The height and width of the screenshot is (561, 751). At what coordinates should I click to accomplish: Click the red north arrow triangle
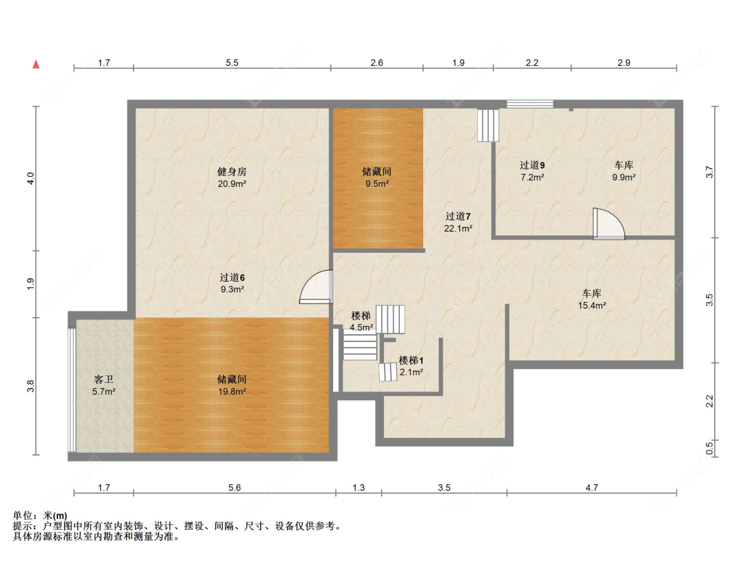point(36,64)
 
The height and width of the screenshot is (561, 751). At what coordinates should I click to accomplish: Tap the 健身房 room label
point(232,171)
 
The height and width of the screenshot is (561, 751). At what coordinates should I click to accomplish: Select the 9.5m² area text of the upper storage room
point(377,183)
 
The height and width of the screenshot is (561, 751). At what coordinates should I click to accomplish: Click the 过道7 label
point(458,216)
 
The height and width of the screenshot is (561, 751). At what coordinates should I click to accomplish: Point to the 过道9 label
point(532,165)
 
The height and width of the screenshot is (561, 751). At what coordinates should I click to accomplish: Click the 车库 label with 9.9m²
point(624,165)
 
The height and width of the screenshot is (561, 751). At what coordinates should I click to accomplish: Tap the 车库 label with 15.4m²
point(592,293)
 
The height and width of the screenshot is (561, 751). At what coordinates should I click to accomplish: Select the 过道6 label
point(232,277)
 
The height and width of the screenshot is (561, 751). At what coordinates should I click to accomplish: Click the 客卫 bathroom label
point(104,380)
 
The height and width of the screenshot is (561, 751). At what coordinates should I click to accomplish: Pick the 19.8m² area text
point(232,392)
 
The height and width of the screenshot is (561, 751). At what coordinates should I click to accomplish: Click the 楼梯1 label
point(411,360)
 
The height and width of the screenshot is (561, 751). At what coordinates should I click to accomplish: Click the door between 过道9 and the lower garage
point(609,224)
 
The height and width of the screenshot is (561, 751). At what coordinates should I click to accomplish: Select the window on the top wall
point(530,104)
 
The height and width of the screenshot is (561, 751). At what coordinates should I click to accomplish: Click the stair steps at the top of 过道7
point(488,125)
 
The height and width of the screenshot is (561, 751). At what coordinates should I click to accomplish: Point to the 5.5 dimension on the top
point(232,63)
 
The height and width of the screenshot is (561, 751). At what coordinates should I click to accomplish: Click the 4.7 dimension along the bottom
point(591,488)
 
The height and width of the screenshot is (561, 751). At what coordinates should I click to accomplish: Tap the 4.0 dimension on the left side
point(31,179)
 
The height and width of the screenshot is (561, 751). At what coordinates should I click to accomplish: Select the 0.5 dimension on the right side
point(710,448)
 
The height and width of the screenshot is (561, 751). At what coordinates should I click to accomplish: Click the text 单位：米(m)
point(40,516)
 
